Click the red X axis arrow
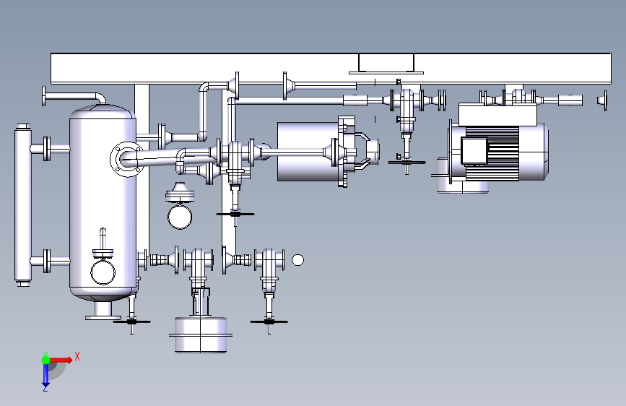[x=61, y=360]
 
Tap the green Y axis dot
[x=46, y=360]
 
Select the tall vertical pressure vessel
[x=103, y=202]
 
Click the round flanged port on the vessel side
[x=126, y=159]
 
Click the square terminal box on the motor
[x=474, y=151]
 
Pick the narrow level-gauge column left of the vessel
[x=23, y=205]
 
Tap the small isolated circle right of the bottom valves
[x=297, y=260]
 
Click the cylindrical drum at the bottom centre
[x=201, y=335]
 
